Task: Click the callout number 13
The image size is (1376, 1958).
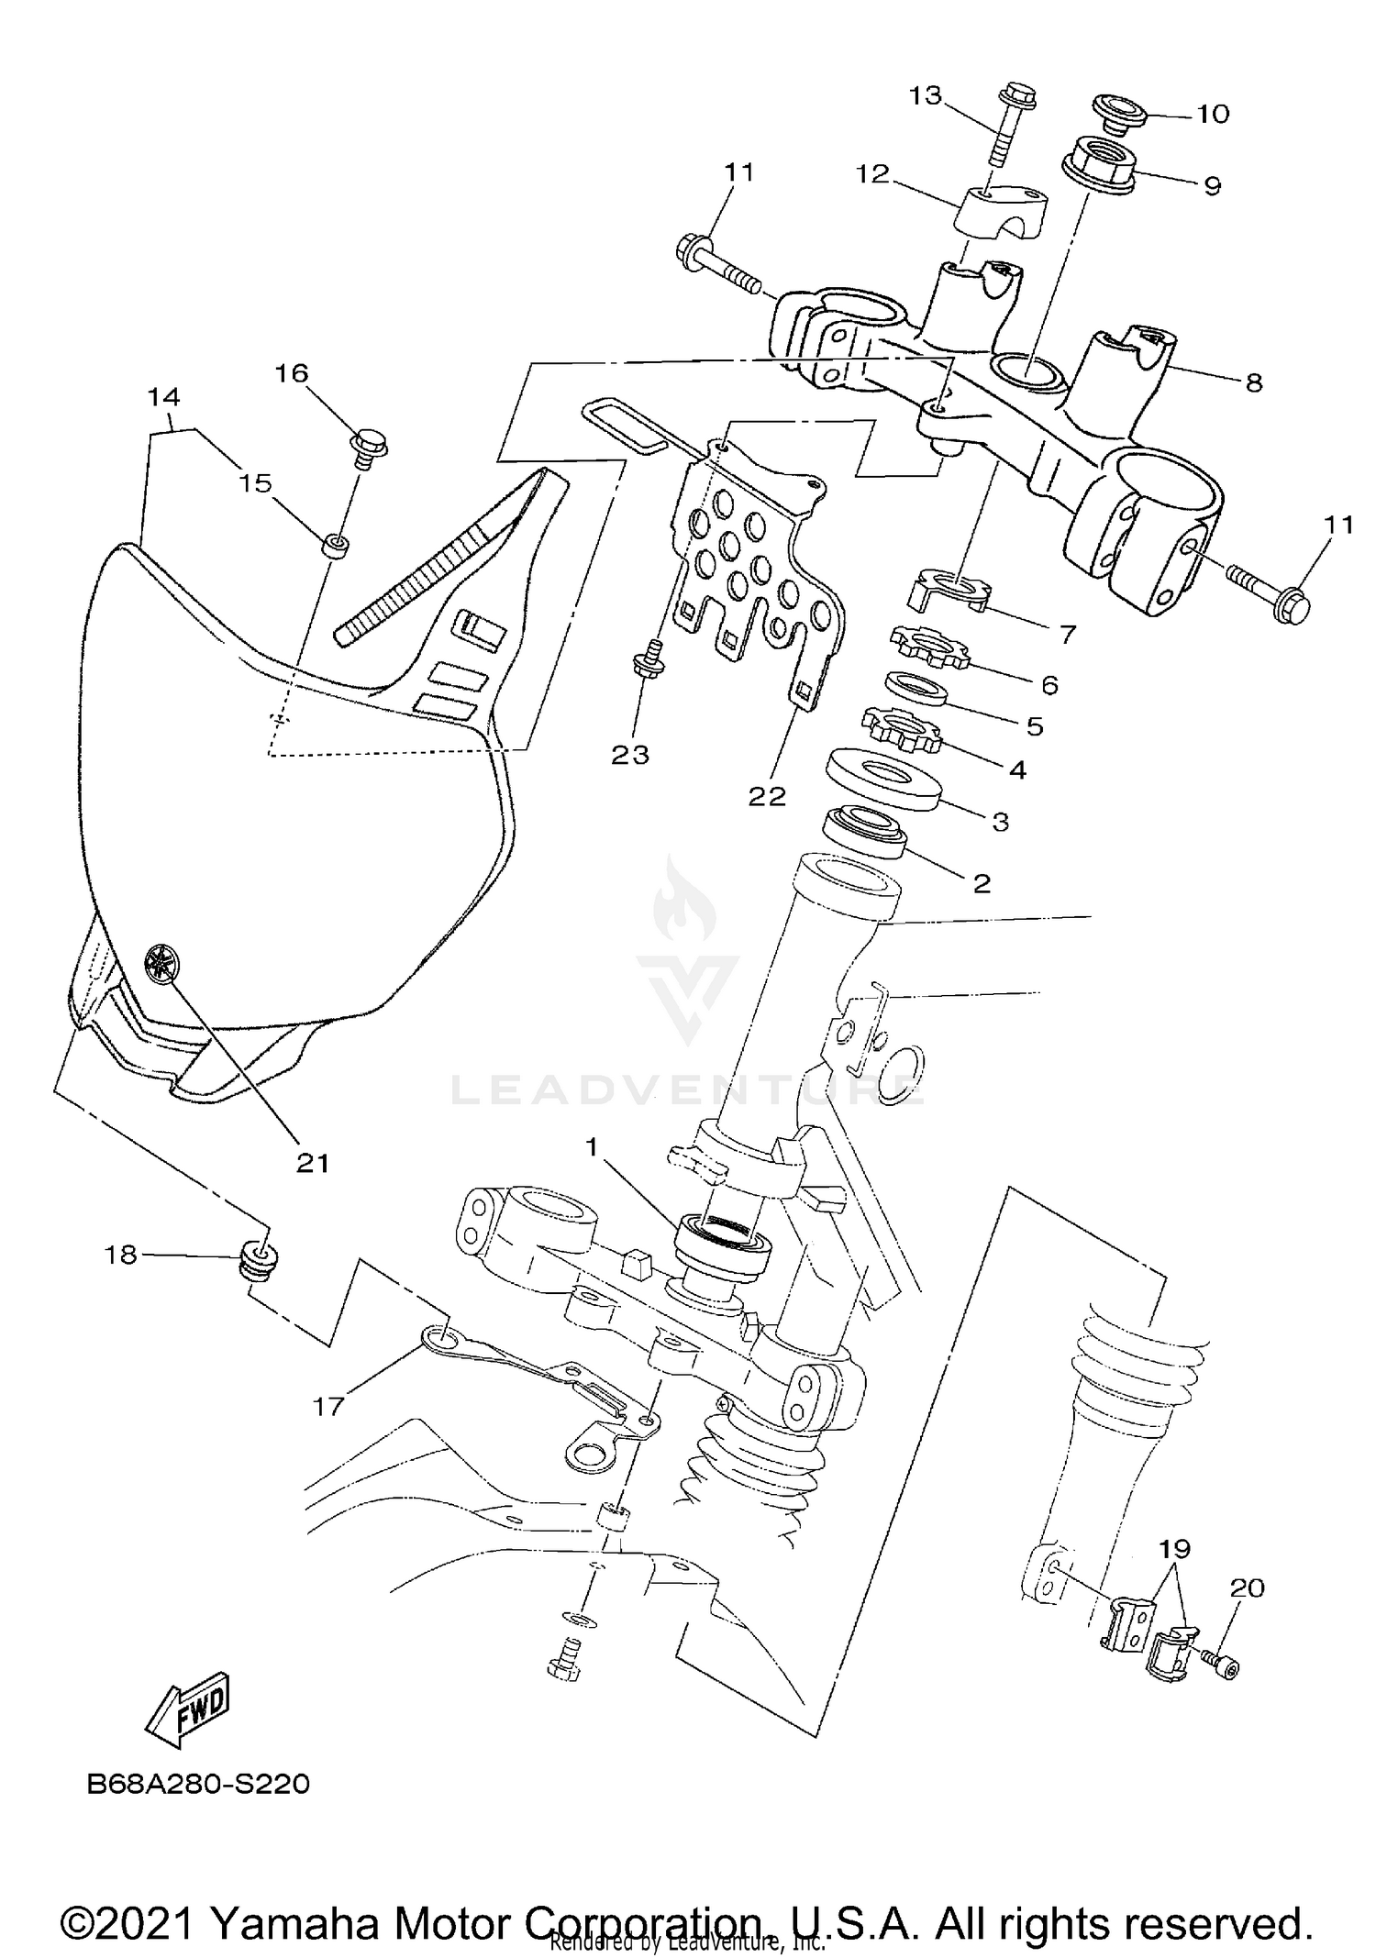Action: pos(926,95)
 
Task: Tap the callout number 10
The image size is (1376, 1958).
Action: pos(1212,115)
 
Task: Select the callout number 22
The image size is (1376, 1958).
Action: pos(767,796)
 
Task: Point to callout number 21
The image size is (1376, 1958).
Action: pos(312,1162)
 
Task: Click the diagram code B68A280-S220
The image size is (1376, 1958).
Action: pos(198,1785)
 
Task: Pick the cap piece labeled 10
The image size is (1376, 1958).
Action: pos(1119,112)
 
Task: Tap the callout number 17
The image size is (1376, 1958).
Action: pos(327,1405)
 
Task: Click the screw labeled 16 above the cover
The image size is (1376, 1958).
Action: pos(370,447)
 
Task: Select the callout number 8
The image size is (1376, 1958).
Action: pos(1253,382)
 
